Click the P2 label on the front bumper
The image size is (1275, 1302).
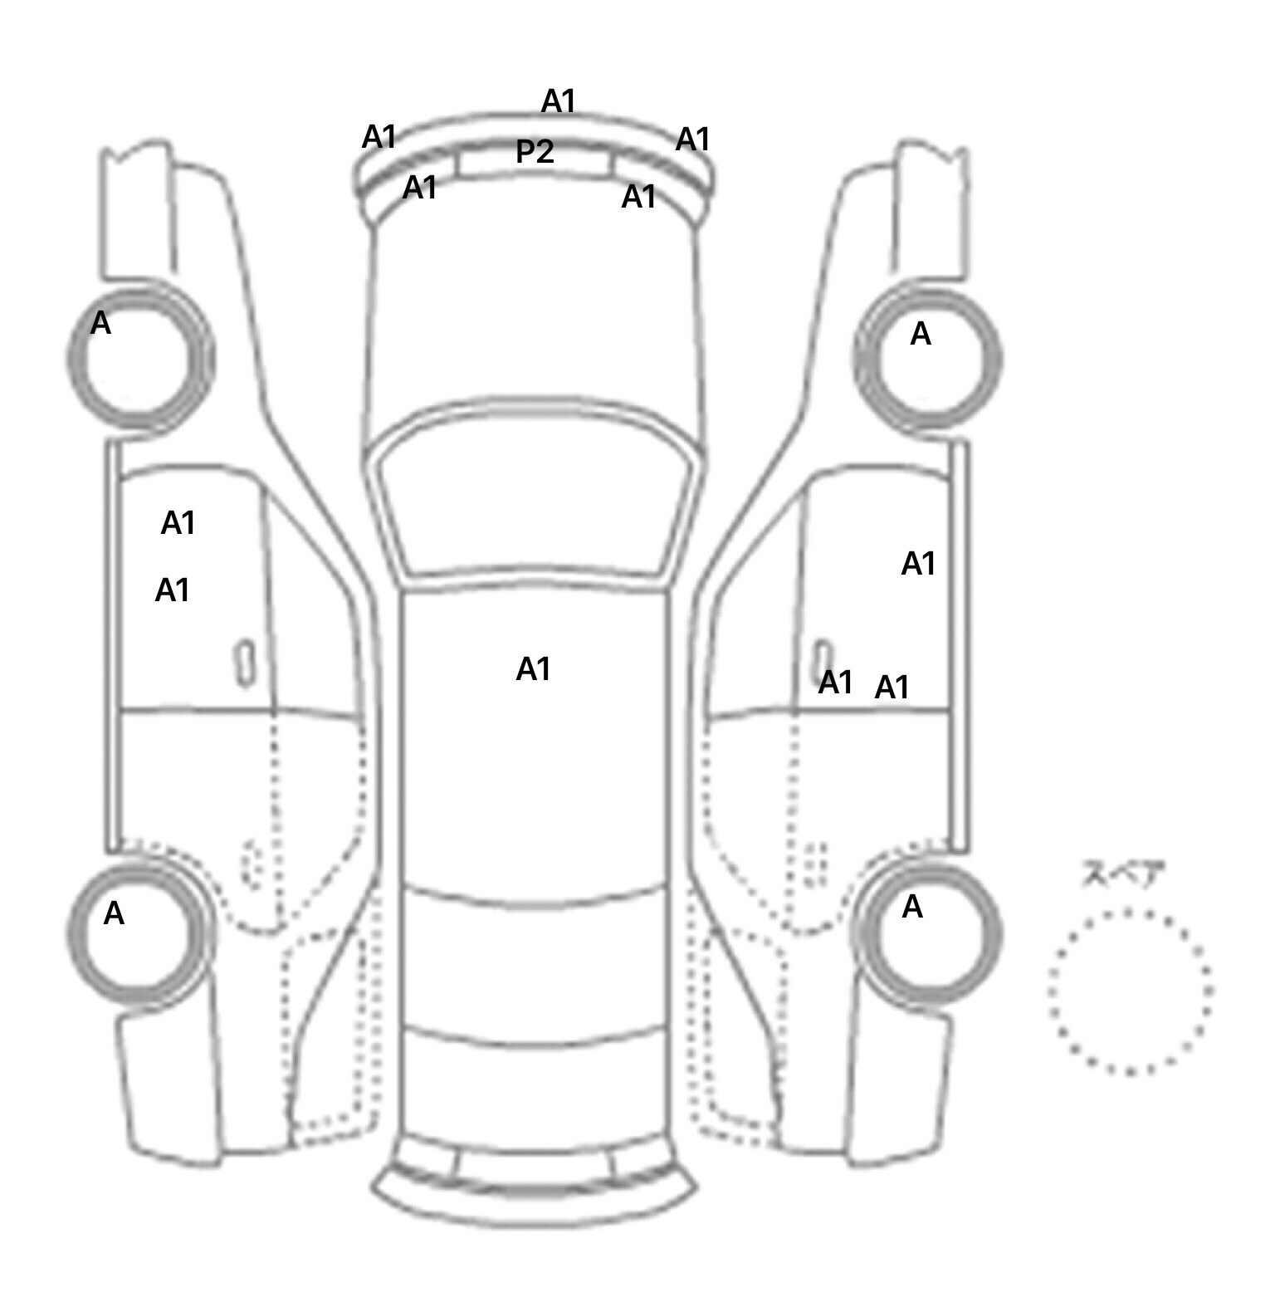coord(535,152)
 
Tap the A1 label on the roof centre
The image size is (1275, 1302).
coord(533,668)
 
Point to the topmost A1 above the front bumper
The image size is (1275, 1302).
coord(559,101)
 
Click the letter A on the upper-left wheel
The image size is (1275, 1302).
coord(100,323)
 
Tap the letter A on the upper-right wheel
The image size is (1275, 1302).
coord(921,334)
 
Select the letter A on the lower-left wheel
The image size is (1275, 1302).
coord(114,913)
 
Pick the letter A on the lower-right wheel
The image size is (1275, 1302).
coord(912,907)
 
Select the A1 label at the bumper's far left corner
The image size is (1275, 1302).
coord(379,137)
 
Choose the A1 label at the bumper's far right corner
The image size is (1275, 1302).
coord(693,139)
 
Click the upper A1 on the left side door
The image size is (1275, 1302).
coord(178,523)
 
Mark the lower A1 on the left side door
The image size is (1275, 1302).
coord(173,590)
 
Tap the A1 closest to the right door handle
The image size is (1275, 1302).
coord(836,683)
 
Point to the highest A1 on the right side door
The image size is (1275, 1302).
coord(919,564)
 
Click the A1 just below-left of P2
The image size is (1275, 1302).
coord(420,188)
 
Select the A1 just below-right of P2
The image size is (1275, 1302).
coord(639,197)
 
